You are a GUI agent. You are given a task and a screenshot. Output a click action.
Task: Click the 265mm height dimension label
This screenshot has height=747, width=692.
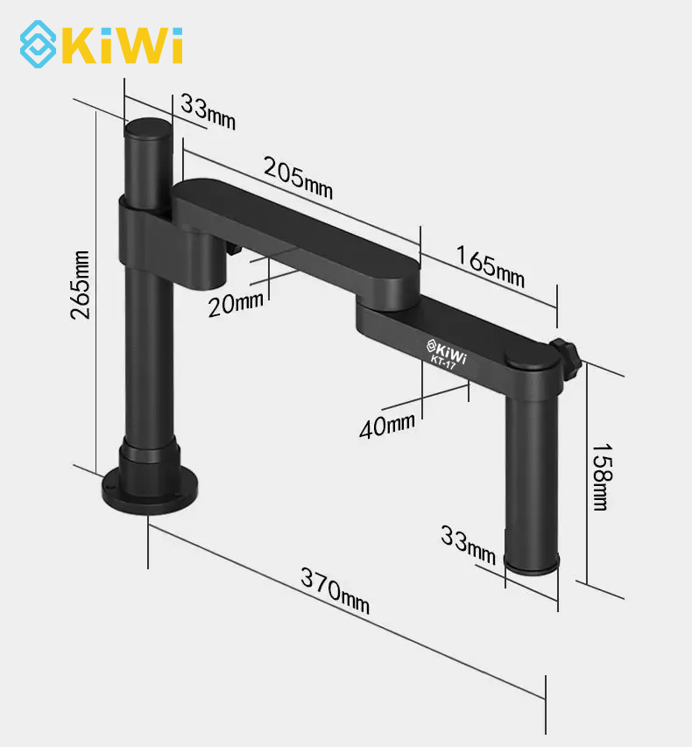[80, 285]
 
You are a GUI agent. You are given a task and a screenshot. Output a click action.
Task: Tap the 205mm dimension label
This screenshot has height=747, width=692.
[299, 178]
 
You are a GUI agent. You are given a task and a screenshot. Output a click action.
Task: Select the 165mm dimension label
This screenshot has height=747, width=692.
[491, 266]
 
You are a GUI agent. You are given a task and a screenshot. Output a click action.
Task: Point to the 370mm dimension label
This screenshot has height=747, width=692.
[335, 591]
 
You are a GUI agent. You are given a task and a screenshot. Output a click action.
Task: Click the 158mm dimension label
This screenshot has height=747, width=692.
[602, 477]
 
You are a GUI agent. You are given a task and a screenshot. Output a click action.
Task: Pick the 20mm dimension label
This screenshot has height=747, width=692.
[236, 304]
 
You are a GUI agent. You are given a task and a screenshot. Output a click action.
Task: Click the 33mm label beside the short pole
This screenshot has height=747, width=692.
[468, 545]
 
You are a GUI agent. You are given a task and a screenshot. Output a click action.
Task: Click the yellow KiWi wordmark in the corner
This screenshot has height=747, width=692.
[123, 46]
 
